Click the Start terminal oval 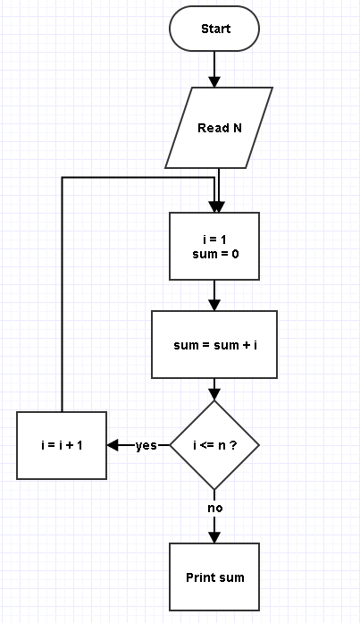(214, 29)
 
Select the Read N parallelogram (219, 128)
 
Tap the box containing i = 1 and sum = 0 (214, 247)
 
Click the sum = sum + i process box (214, 344)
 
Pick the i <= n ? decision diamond (214, 445)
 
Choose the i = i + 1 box (62, 445)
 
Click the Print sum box (214, 577)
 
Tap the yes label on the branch (147, 446)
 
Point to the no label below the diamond (214, 508)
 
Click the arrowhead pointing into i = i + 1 (113, 445)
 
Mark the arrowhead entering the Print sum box (214, 537)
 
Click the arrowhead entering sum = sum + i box (214, 305)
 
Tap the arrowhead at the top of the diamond (214, 395)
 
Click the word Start (215, 29)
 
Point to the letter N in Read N (237, 128)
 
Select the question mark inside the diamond (233, 445)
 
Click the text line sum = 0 (215, 254)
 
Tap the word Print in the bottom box (199, 577)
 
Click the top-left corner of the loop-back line (62, 178)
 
